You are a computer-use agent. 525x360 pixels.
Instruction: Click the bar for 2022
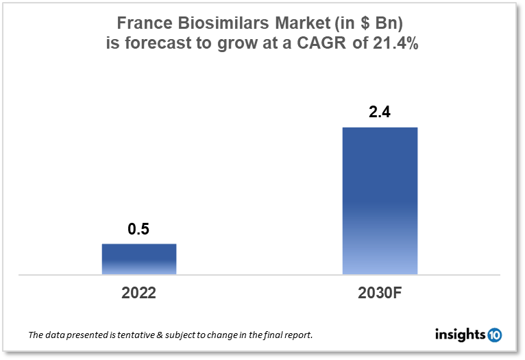pos(139,259)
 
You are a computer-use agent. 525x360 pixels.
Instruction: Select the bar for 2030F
pos(380,201)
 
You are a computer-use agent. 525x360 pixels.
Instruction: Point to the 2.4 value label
pos(379,112)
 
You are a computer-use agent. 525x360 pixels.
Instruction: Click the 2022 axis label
pos(139,293)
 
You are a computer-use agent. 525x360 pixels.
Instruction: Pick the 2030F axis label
pos(380,293)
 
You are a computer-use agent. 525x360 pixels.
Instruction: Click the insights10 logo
pos(468,335)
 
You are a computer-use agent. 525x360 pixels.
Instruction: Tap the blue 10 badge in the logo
pos(494,335)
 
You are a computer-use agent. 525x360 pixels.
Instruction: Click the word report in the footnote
pos(297,336)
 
